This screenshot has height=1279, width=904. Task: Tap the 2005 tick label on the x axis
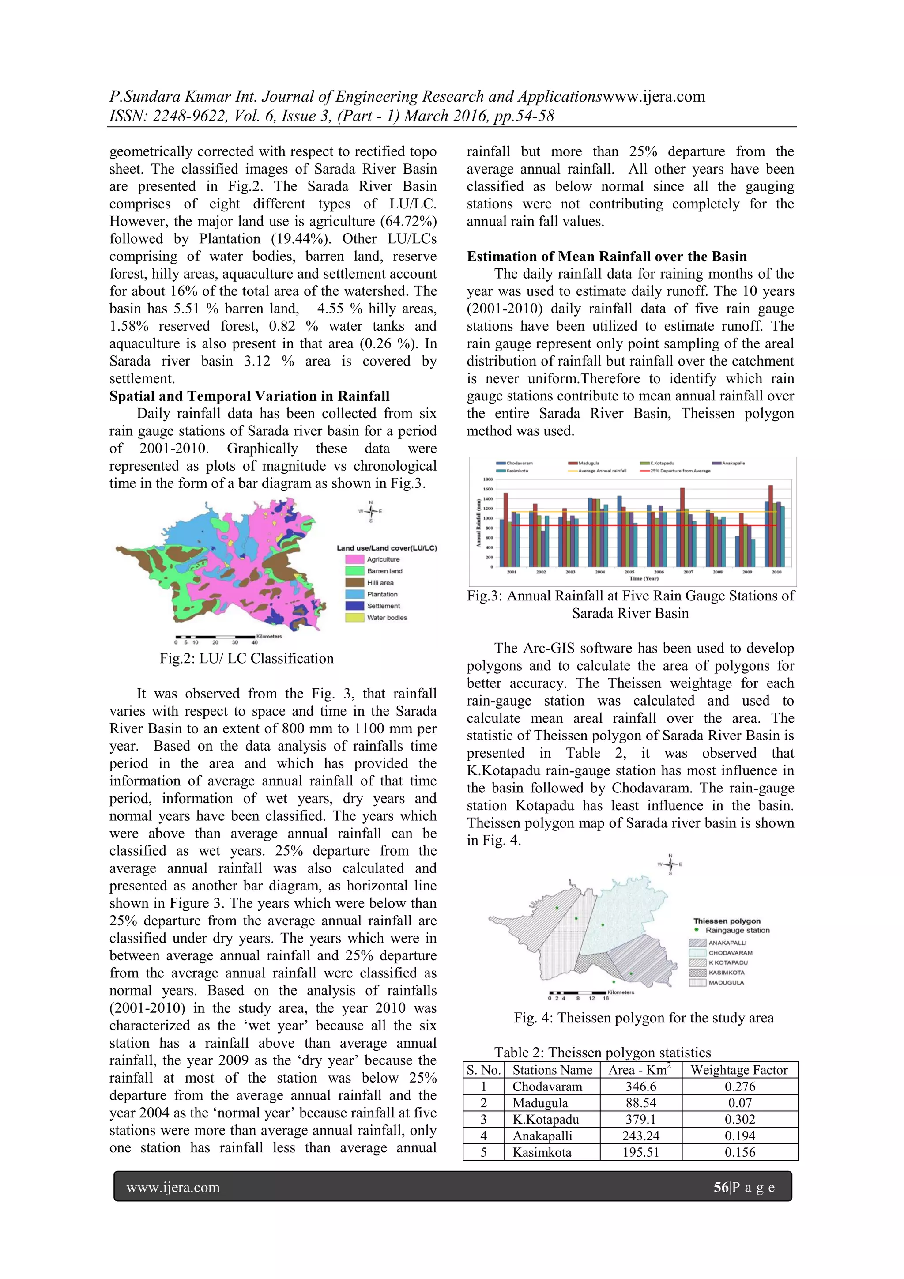click(629, 572)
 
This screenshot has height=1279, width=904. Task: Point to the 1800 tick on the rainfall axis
click(488, 479)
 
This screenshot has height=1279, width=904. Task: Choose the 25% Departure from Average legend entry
click(675, 471)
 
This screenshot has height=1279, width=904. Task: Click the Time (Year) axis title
click(644, 578)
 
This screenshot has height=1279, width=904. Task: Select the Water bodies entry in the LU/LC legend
click(387, 617)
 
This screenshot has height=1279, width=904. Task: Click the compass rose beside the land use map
click(370, 511)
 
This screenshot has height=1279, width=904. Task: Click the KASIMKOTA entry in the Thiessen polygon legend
click(726, 973)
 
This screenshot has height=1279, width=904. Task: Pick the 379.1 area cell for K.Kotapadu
click(640, 1119)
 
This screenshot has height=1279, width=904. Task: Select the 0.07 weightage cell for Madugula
click(740, 1102)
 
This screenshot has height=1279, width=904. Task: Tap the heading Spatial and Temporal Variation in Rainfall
click(249, 396)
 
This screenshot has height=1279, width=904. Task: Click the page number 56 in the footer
click(721, 1187)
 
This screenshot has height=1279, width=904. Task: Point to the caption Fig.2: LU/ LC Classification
click(247, 658)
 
